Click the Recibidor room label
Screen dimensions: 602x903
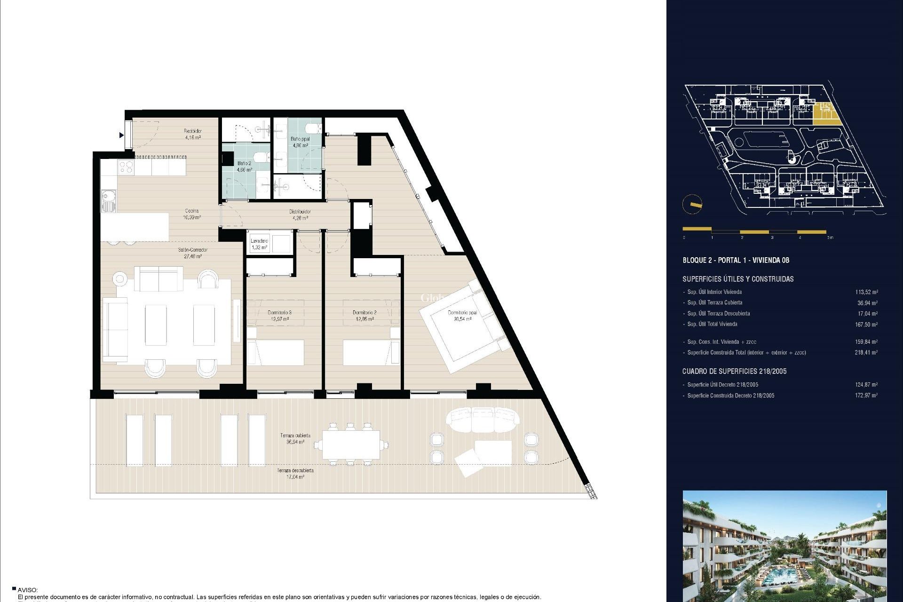pyautogui.click(x=192, y=134)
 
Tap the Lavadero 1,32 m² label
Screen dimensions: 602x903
pyautogui.click(x=259, y=244)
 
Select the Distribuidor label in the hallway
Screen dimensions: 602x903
pyautogui.click(x=300, y=215)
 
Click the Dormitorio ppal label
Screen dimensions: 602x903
pyautogui.click(x=462, y=316)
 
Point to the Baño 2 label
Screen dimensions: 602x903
pyautogui.click(x=244, y=166)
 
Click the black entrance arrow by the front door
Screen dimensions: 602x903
pyautogui.click(x=121, y=135)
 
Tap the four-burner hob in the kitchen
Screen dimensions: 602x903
pyautogui.click(x=126, y=167)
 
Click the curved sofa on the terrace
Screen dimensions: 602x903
pyautogui.click(x=483, y=419)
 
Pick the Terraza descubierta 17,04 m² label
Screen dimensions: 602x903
pyautogui.click(x=295, y=474)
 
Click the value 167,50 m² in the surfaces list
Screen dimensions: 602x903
pyautogui.click(x=866, y=325)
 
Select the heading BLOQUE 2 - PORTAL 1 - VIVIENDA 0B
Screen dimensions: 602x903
pyautogui.click(x=736, y=260)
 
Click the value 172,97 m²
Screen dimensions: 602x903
pyautogui.click(x=866, y=396)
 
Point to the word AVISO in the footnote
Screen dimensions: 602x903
pyautogui.click(x=27, y=590)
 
